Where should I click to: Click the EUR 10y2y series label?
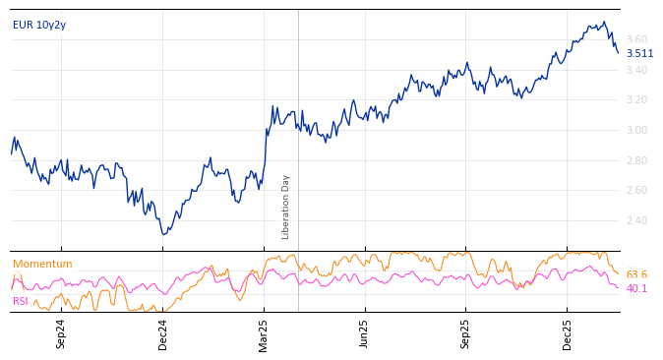39,25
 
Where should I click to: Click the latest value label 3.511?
639,54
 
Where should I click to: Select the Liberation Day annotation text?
286,207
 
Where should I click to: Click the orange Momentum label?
42,264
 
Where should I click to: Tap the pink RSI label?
21,301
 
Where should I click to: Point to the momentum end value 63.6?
636,274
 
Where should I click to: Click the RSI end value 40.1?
636,288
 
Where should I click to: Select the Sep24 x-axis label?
61,334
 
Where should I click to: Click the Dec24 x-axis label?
162,334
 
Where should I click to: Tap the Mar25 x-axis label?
263,334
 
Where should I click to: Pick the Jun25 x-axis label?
364,334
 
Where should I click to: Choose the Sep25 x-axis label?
465,334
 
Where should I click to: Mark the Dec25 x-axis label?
567,334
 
